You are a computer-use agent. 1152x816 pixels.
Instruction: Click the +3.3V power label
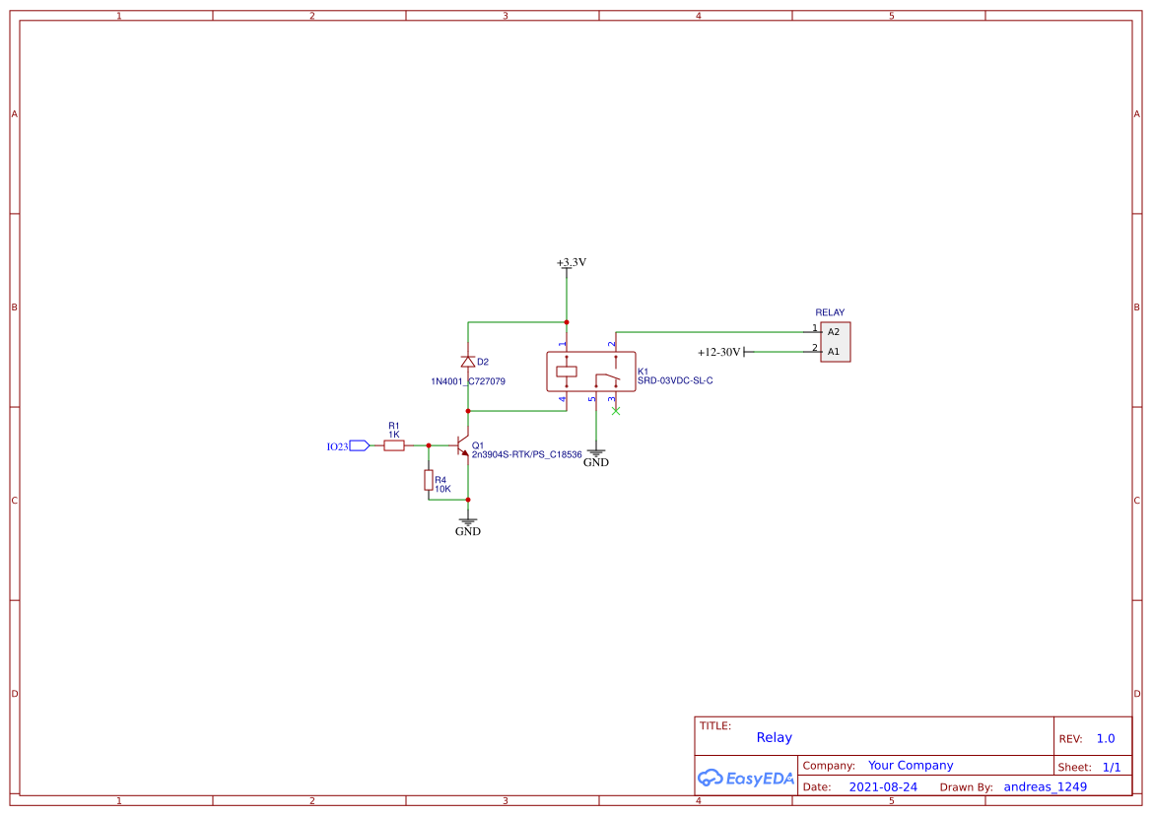click(571, 263)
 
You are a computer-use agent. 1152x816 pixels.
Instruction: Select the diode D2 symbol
click(468, 362)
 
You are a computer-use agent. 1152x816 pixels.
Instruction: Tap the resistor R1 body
click(393, 446)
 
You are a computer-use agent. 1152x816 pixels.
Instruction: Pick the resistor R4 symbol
click(429, 480)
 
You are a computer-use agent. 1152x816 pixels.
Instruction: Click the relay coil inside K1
click(566, 373)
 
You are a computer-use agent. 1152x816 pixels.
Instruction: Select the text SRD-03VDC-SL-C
click(674, 380)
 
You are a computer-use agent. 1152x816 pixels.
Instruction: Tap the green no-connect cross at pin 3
click(616, 411)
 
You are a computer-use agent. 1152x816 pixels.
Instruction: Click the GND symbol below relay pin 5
click(596, 455)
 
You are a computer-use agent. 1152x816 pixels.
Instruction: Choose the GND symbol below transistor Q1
click(468, 523)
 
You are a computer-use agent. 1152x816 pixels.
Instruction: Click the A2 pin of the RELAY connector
click(834, 332)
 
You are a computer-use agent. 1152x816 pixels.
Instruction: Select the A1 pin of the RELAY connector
click(834, 351)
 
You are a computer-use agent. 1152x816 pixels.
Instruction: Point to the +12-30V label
click(718, 352)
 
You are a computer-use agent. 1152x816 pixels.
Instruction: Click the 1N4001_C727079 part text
click(468, 381)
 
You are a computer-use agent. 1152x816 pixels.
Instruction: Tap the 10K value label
click(442, 489)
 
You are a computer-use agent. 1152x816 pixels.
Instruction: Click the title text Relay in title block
click(774, 737)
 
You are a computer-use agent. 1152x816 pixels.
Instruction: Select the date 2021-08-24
click(883, 787)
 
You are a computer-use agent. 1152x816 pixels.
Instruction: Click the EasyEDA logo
click(745, 778)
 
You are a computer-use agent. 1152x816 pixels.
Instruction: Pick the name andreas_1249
click(1045, 787)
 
